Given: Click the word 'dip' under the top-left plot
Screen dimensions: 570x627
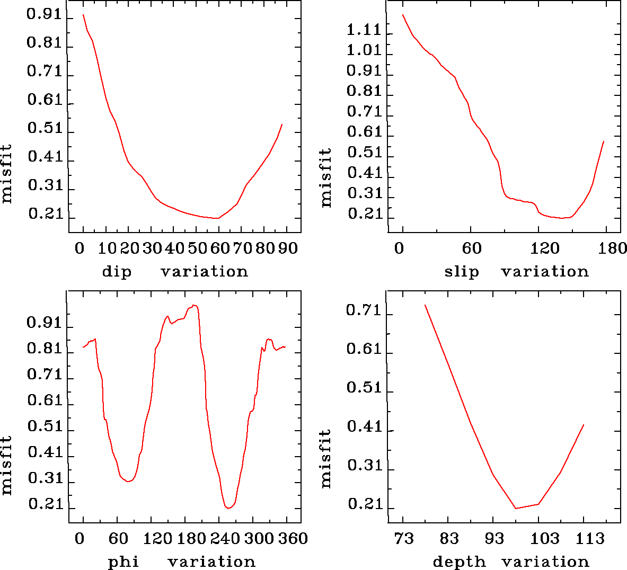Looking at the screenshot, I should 116,272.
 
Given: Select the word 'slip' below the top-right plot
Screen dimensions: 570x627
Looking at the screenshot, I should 461,272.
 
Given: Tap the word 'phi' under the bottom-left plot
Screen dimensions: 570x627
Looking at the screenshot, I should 123,562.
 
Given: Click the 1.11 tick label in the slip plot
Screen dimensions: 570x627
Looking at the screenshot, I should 364,30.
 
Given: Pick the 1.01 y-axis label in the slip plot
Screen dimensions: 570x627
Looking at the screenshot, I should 364,50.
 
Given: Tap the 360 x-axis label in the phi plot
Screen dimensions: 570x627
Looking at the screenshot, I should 293,539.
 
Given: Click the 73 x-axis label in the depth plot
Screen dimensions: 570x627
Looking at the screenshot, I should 403,539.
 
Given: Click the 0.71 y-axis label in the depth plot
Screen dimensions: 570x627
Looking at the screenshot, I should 364,310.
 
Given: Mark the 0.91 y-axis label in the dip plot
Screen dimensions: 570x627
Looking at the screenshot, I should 45,14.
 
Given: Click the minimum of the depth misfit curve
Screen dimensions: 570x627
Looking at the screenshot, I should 516,509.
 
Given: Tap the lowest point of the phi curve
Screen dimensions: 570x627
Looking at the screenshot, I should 228,508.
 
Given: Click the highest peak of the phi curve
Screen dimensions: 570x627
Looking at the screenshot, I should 195,305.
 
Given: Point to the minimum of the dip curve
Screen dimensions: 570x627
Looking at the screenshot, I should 217,218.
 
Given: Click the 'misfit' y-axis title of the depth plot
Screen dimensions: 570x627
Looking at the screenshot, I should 326,458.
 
